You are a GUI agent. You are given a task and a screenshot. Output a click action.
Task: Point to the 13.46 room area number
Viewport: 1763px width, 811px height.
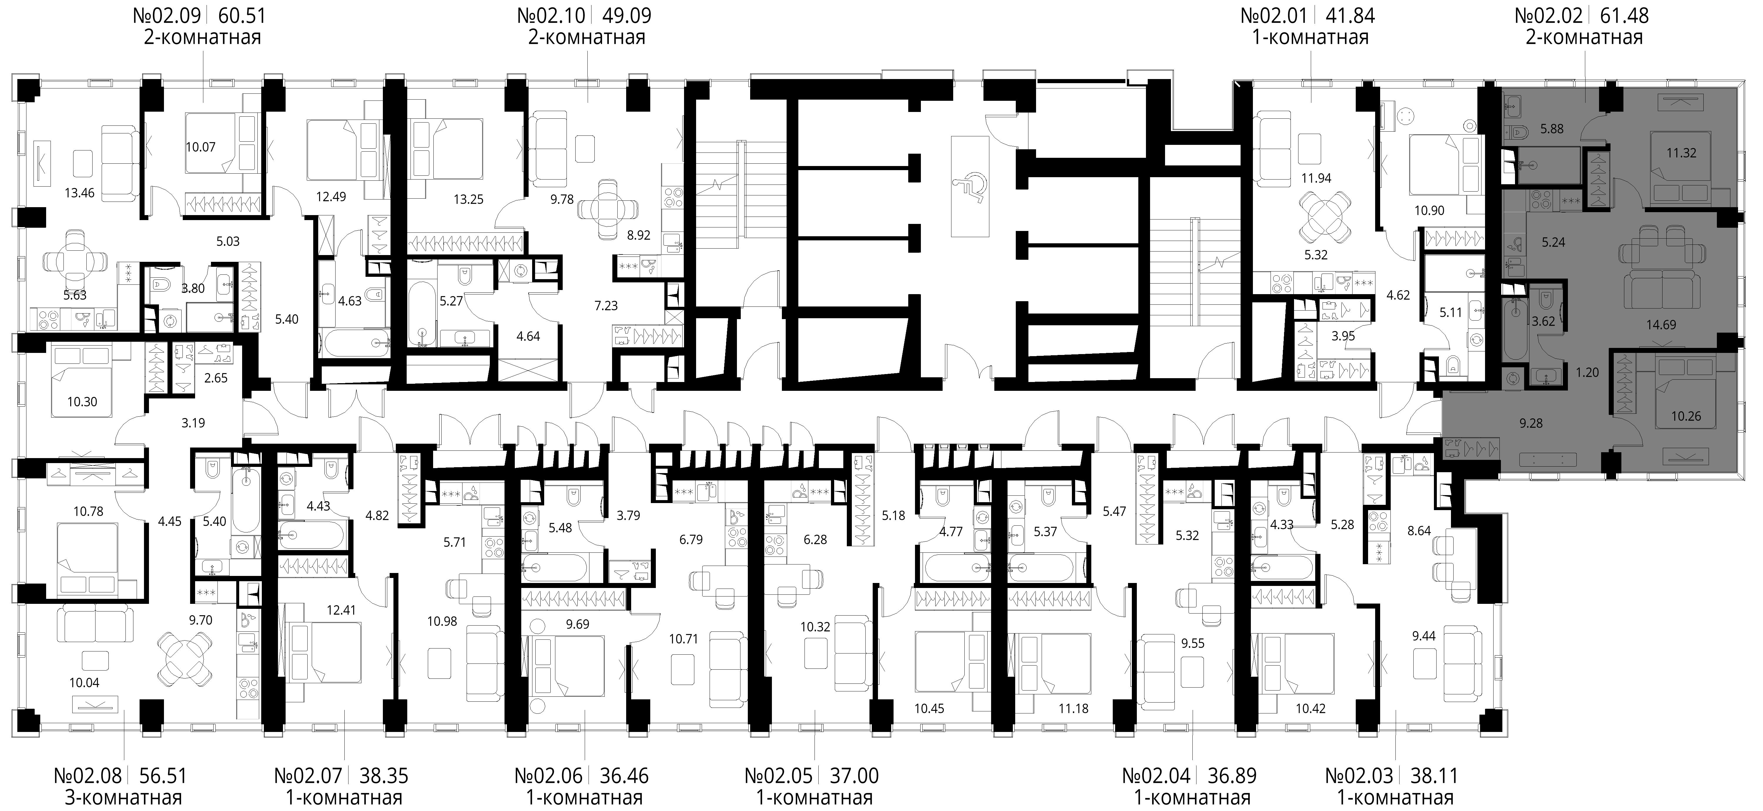[x=79, y=193]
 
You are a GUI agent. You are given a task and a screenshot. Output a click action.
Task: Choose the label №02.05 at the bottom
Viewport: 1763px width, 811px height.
[x=778, y=776]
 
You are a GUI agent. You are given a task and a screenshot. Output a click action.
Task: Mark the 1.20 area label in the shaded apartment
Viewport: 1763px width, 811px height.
[x=1587, y=372]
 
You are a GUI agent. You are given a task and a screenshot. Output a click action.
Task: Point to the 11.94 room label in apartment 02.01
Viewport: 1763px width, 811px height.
[x=1316, y=179]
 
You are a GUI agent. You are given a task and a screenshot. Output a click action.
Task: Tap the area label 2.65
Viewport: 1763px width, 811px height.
[x=216, y=378]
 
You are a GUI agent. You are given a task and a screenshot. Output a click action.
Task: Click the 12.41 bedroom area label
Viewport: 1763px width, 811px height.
[x=341, y=610]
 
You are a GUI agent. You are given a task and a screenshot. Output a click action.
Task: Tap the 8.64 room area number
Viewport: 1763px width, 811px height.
[x=1419, y=530]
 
